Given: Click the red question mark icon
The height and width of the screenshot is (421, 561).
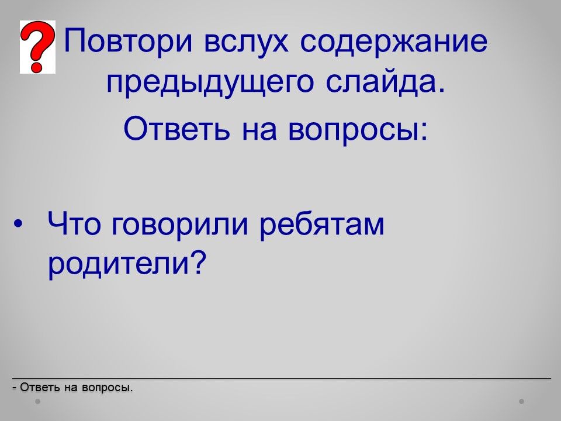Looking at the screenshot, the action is pyautogui.click(x=37, y=47).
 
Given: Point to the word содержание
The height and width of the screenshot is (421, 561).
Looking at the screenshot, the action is pyautogui.click(x=393, y=42).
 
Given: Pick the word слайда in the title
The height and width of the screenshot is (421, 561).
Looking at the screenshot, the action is pyautogui.click(x=386, y=82).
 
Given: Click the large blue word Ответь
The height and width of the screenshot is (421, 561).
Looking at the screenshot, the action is pyautogui.click(x=176, y=128).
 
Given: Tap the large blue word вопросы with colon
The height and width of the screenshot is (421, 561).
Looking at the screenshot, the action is pyautogui.click(x=358, y=130).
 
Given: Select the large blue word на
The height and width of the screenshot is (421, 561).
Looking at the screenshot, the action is pyautogui.click(x=259, y=130).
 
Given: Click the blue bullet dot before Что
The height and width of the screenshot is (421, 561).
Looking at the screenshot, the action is pyautogui.click(x=18, y=224).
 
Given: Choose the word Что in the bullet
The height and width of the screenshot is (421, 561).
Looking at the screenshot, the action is pyautogui.click(x=74, y=223).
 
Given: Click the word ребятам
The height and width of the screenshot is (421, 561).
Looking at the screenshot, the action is pyautogui.click(x=321, y=224).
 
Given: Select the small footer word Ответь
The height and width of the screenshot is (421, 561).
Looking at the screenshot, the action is pyautogui.click(x=40, y=387).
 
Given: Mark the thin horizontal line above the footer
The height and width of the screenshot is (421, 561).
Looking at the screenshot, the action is pyautogui.click(x=282, y=378).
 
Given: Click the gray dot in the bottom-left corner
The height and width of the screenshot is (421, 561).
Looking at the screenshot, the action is pyautogui.click(x=37, y=402).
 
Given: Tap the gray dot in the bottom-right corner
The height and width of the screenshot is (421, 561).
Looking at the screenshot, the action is pyautogui.click(x=522, y=402).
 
